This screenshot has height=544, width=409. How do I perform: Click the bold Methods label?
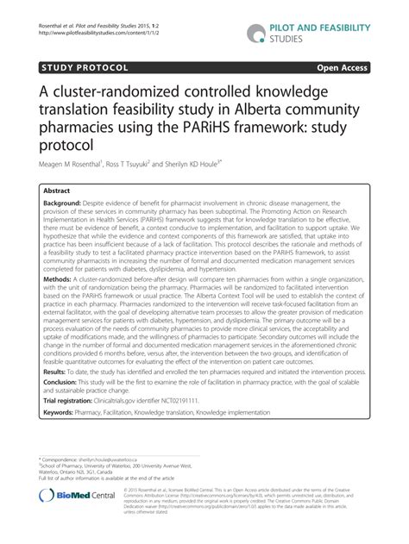pyautogui.click(x=58, y=279)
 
